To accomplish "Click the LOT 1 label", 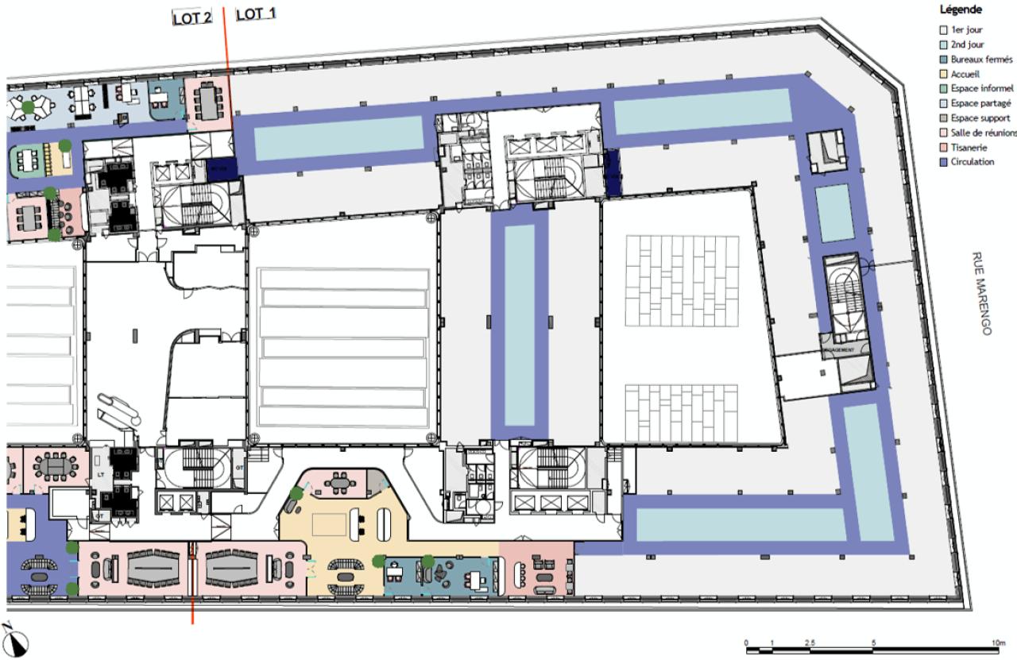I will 256,14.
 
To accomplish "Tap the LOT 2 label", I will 191,16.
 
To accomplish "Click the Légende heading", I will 961,10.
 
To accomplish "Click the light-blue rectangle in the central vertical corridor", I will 520,325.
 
